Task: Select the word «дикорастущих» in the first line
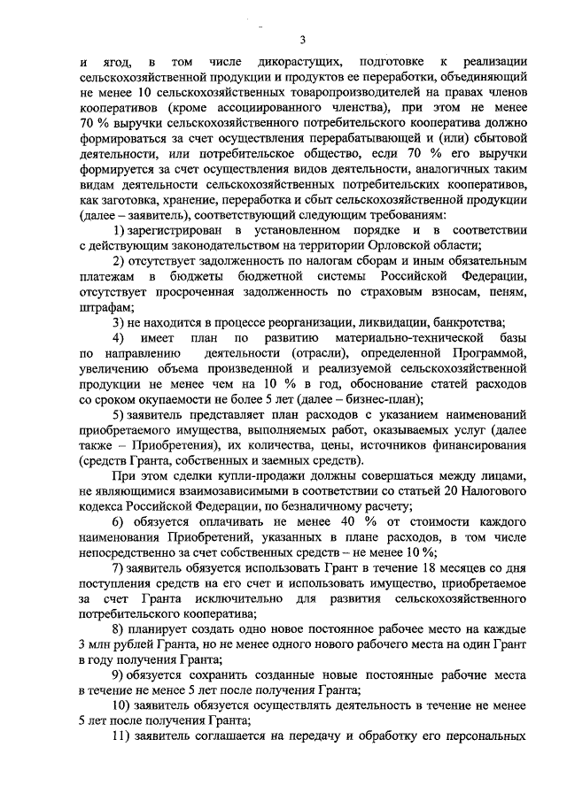[295, 62]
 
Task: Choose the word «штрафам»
[103, 304]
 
